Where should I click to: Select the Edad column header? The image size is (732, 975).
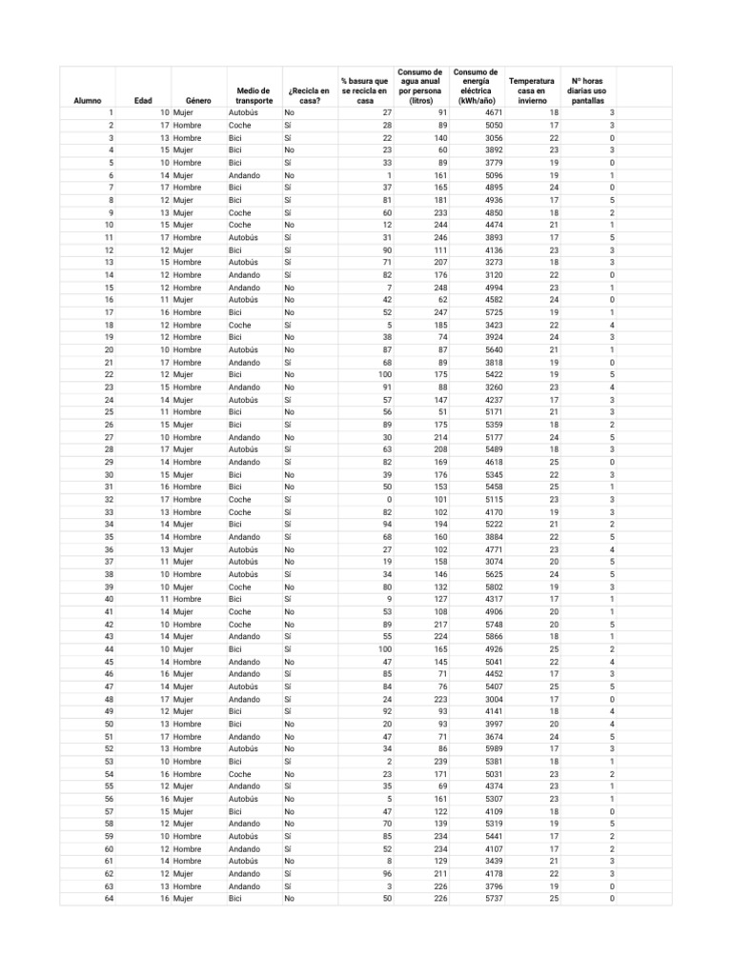tap(143, 100)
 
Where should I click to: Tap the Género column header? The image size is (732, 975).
tap(198, 100)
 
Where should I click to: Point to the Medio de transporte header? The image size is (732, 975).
tap(254, 95)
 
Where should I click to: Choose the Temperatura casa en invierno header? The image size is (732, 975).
tap(533, 90)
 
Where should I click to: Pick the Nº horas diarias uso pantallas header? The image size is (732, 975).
tap(587, 90)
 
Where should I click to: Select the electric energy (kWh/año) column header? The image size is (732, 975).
tap(476, 86)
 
